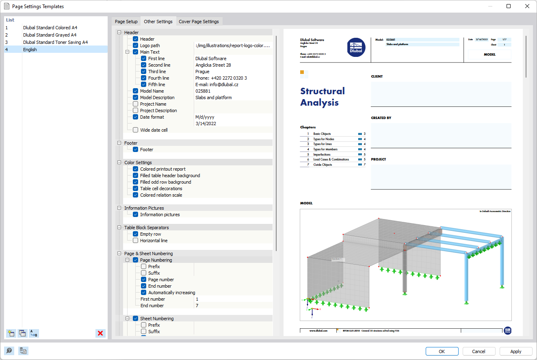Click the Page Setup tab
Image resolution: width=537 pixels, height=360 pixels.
pyautogui.click(x=126, y=22)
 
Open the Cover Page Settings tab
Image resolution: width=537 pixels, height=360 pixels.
pyautogui.click(x=199, y=22)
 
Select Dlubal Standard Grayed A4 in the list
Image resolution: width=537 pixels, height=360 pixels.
pyautogui.click(x=50, y=35)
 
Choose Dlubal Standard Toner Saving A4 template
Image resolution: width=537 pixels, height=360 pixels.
pyautogui.click(x=55, y=42)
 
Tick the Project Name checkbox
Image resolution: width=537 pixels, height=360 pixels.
pyautogui.click(x=136, y=104)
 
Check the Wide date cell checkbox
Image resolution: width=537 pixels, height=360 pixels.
pyautogui.click(x=136, y=130)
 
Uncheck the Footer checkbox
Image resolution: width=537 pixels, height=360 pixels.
pyautogui.click(x=136, y=150)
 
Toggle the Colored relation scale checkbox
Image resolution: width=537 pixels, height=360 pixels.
pyautogui.click(x=136, y=195)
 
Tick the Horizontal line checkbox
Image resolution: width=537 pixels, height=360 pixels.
pyautogui.click(x=136, y=241)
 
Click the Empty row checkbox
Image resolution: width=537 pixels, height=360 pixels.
pyautogui.click(x=136, y=234)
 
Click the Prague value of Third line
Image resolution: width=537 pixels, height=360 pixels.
pyautogui.click(x=202, y=72)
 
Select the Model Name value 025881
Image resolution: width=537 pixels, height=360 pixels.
pyautogui.click(x=203, y=91)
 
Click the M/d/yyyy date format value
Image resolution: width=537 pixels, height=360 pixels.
pyautogui.click(x=205, y=117)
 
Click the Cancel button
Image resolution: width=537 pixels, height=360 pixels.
pyautogui.click(x=479, y=351)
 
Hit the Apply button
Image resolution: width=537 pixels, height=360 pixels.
pyautogui.click(x=516, y=351)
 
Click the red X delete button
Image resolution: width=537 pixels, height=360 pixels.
pyautogui.click(x=100, y=334)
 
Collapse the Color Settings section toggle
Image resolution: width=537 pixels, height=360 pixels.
pyautogui.click(x=119, y=163)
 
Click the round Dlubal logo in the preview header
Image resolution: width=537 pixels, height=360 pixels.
pyautogui.click(x=357, y=47)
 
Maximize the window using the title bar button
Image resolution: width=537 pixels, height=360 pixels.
pyautogui.click(x=509, y=6)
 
